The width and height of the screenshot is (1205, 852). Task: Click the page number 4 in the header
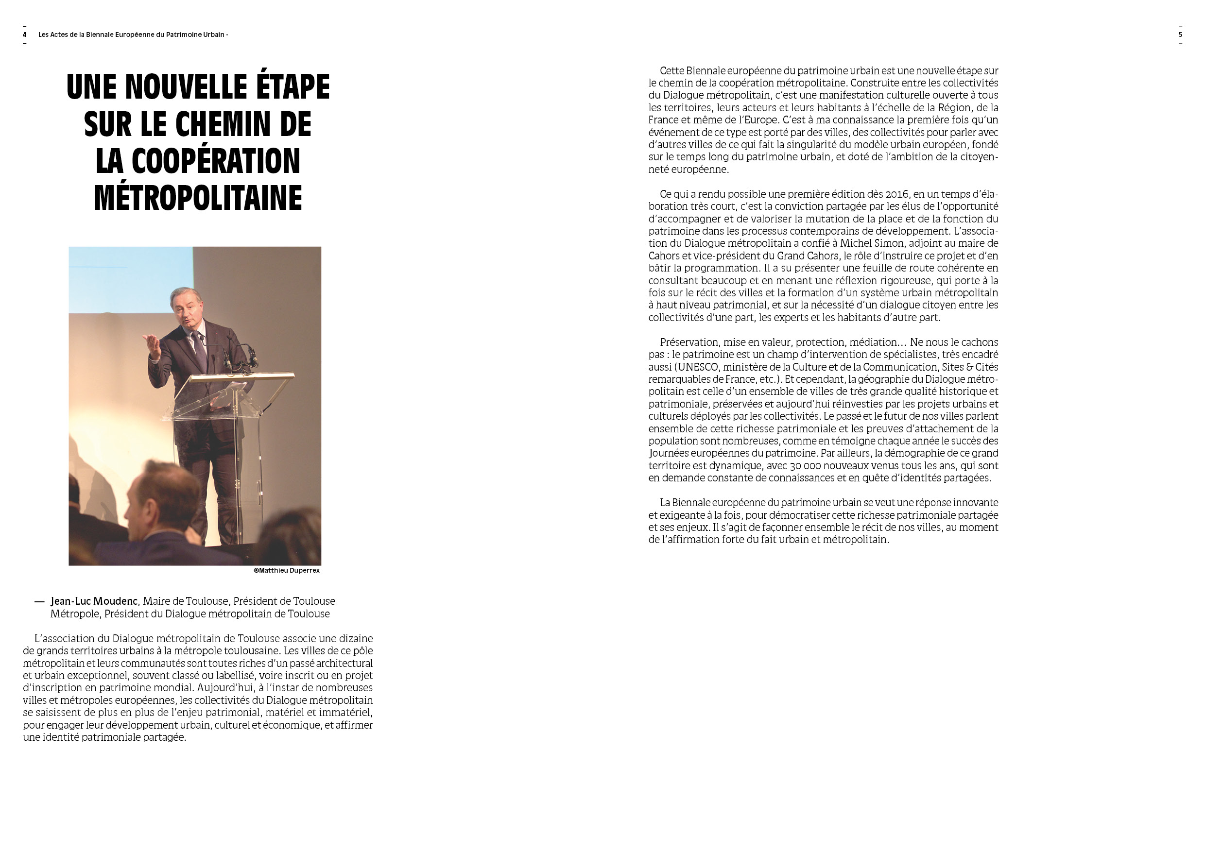(25, 34)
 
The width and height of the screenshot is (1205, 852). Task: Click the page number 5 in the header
(1180, 34)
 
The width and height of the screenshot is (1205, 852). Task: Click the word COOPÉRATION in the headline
(216, 161)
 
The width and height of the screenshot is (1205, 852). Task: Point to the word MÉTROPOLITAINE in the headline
(198, 198)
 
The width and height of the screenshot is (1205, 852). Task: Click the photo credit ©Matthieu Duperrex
(287, 570)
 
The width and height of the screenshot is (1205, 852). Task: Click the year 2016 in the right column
(897, 194)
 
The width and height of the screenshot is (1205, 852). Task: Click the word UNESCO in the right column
(698, 367)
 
